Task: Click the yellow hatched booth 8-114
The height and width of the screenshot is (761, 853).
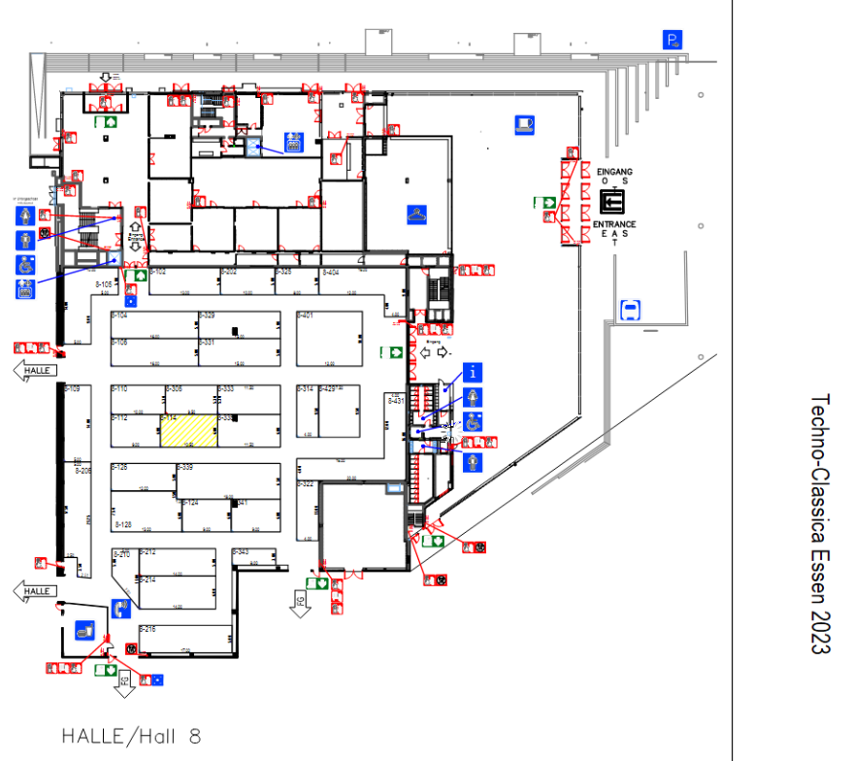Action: [x=188, y=430]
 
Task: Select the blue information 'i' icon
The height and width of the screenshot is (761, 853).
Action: [x=472, y=371]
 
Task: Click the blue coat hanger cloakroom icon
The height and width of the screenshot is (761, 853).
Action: [x=416, y=214]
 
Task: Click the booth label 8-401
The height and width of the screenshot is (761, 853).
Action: [x=306, y=315]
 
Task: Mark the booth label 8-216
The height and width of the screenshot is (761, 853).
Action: [x=148, y=629]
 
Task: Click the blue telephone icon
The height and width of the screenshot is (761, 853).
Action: [x=121, y=610]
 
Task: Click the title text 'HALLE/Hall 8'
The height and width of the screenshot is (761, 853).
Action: [x=131, y=736]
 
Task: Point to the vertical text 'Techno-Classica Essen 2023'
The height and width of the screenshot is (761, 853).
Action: [x=820, y=523]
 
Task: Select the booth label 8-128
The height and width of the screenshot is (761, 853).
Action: [x=123, y=524]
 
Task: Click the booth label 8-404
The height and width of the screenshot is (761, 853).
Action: [x=331, y=273]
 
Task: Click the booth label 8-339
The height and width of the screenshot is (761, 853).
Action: [x=184, y=468]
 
